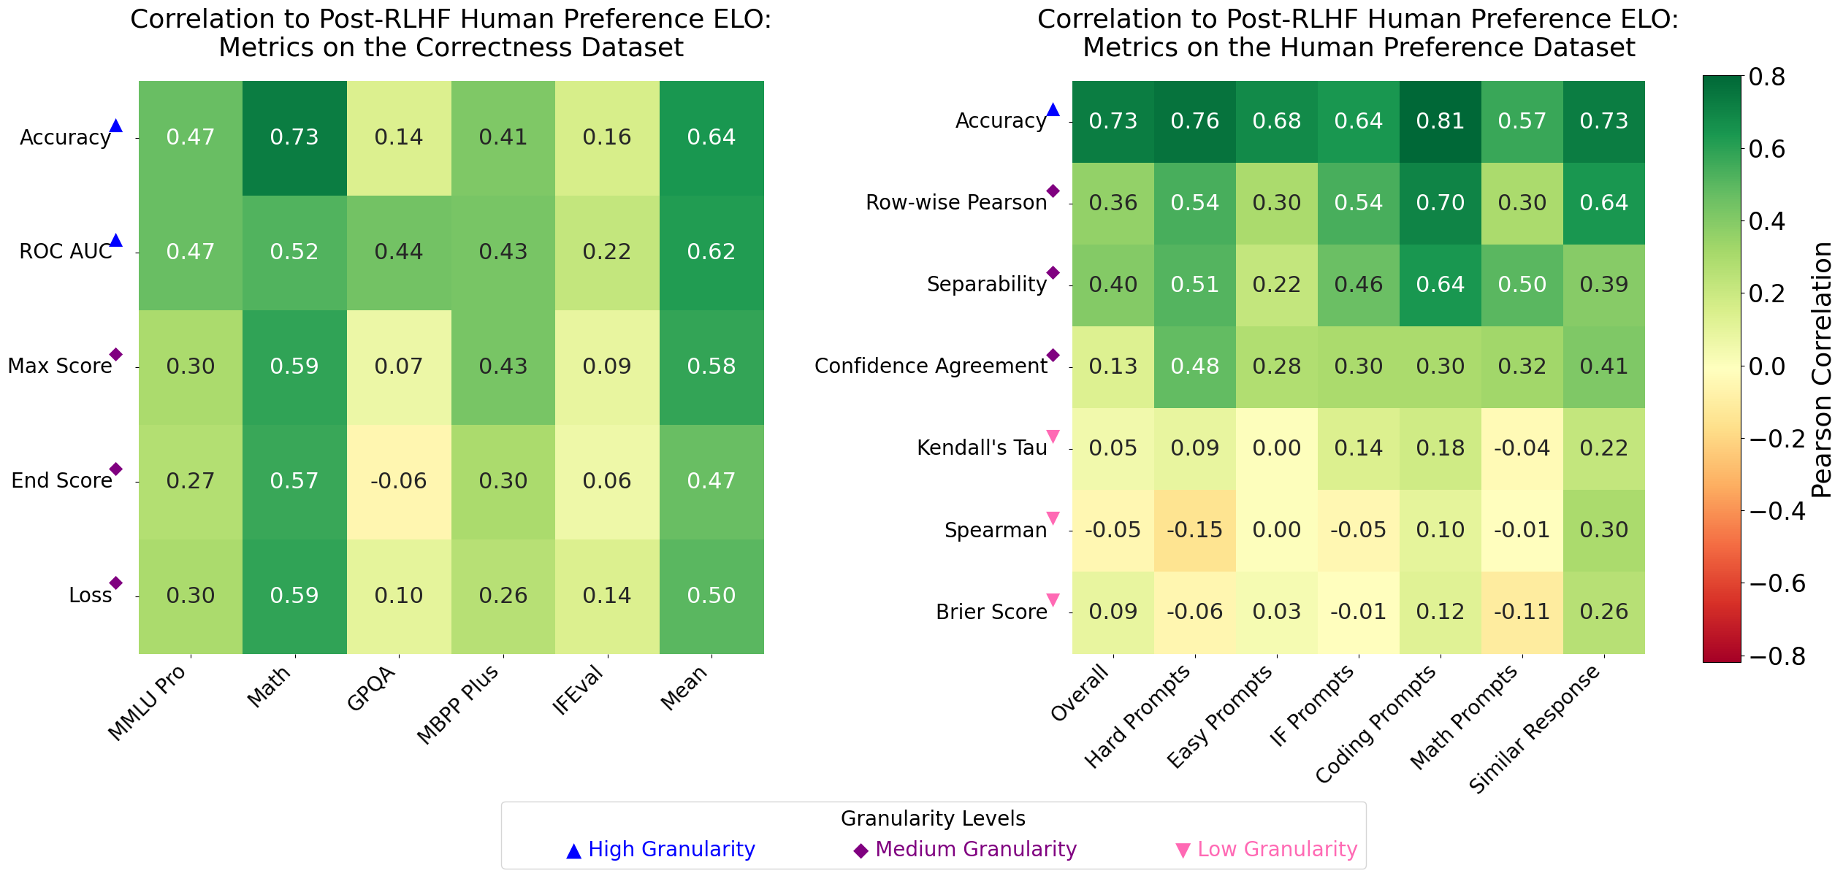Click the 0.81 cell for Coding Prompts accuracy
tap(1440, 121)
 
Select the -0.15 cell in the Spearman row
tap(1194, 530)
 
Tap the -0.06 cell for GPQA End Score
tap(399, 481)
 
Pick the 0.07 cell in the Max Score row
tap(399, 366)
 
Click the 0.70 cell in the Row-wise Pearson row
tap(1440, 203)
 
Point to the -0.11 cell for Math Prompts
tap(1522, 612)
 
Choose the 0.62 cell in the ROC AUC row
tap(711, 252)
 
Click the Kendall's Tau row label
tap(982, 448)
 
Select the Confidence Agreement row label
tap(931, 366)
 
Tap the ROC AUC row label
tap(66, 252)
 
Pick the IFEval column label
tap(579, 691)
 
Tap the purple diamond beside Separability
tap(1053, 273)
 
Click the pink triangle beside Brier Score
tap(1053, 600)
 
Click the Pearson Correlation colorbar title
tap(1822, 369)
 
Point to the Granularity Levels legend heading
tap(933, 819)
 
